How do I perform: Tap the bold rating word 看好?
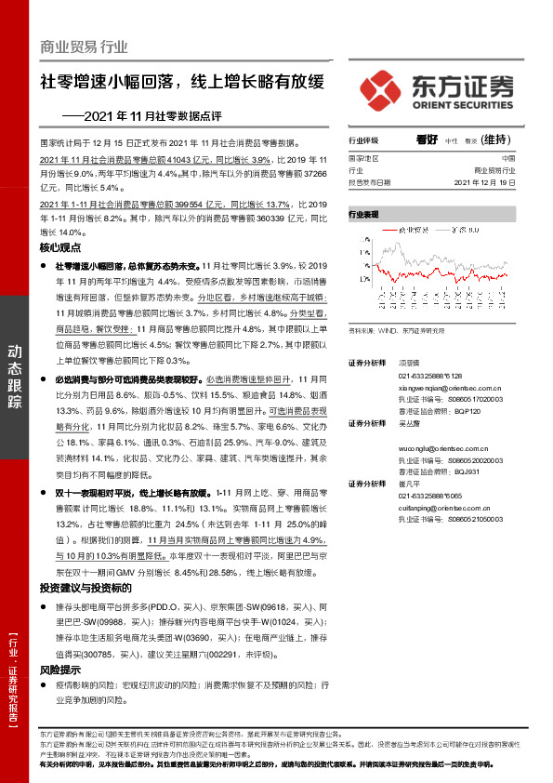coord(428,139)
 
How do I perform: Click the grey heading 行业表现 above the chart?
coord(363,214)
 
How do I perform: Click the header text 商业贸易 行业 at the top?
coord(85,46)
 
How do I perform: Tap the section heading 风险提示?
coord(60,670)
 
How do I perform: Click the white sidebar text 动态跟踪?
coord(16,372)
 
